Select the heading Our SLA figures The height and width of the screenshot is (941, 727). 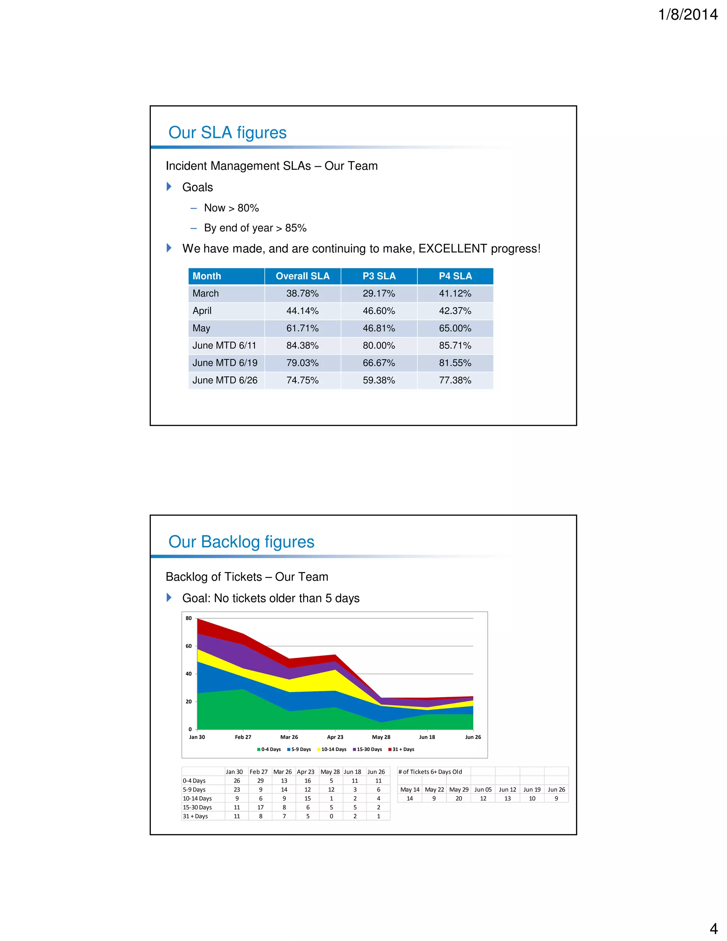point(228,132)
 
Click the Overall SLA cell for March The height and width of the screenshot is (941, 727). point(302,293)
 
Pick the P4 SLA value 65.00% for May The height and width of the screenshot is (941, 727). point(455,328)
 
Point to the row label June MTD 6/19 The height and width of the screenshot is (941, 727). point(225,363)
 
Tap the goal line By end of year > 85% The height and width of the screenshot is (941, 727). point(255,228)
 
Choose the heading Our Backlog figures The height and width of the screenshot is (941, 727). point(241,542)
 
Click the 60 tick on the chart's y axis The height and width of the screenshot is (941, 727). point(188,646)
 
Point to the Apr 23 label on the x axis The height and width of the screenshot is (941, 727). point(335,737)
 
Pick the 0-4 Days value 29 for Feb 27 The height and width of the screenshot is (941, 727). point(260,781)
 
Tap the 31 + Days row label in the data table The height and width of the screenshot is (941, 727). point(195,816)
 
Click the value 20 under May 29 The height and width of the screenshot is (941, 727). point(459,798)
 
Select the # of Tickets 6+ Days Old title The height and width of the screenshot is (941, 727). point(430,772)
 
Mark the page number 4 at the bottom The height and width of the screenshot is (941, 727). point(713,928)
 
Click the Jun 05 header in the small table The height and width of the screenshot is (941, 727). point(483,789)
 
